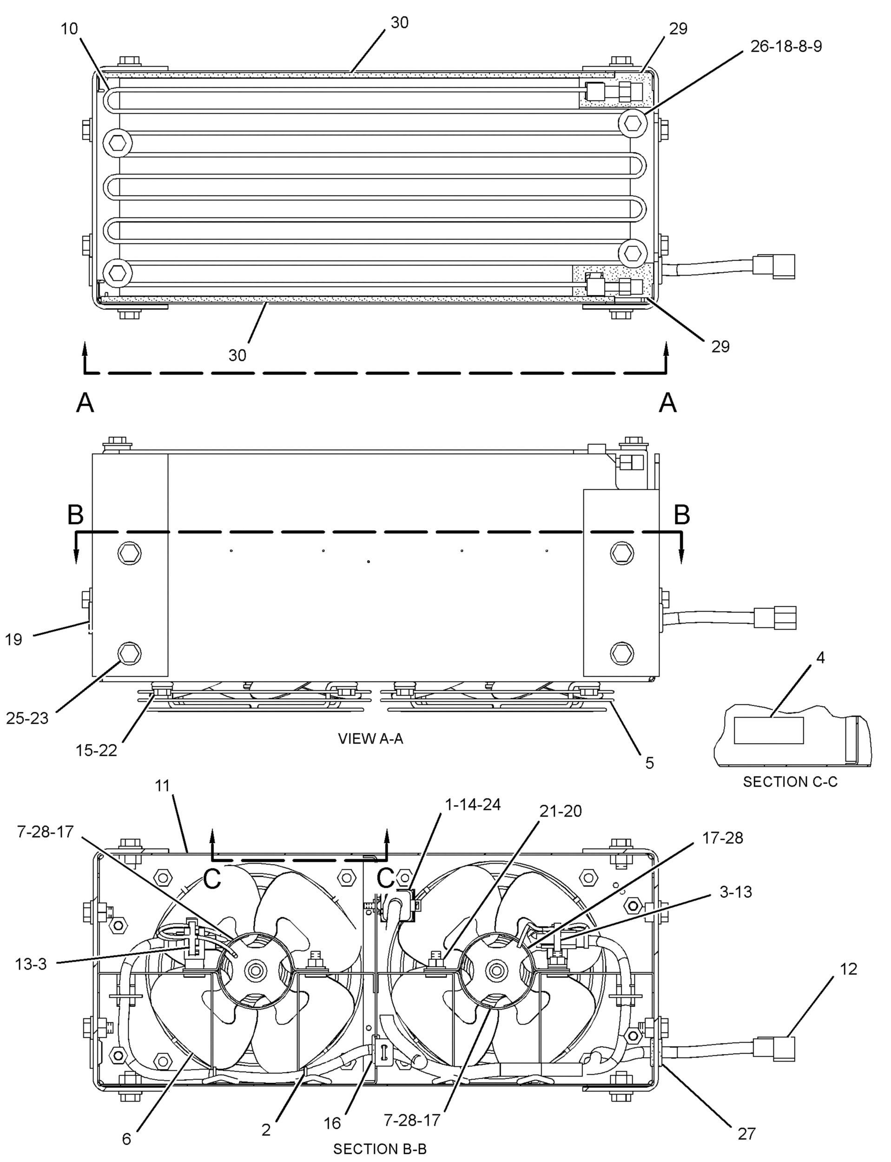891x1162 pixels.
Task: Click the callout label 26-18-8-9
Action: click(786, 46)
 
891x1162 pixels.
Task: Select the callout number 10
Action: click(69, 29)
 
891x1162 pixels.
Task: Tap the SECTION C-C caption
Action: click(790, 782)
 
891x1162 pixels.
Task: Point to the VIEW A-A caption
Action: click(371, 739)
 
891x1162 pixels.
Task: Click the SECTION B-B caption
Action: click(380, 1149)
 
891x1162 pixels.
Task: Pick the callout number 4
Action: click(820, 658)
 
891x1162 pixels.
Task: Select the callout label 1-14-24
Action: click(473, 805)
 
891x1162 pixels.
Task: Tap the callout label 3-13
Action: click(735, 892)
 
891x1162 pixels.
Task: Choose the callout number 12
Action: click(849, 969)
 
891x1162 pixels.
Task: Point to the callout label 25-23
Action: click(27, 719)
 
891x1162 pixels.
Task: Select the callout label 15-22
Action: click(96, 751)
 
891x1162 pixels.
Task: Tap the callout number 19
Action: click(14, 640)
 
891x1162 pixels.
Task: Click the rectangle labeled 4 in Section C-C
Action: click(768, 730)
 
